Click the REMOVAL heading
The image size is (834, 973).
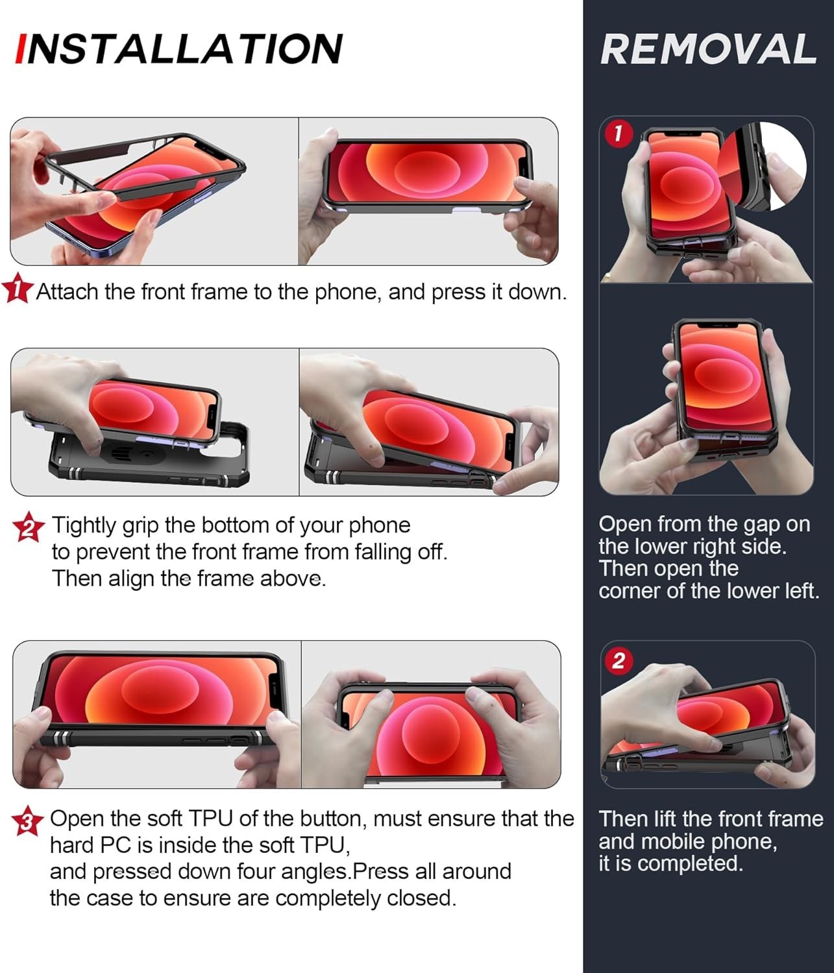point(708,49)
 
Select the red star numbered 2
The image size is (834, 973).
point(29,527)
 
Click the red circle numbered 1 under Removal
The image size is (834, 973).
point(619,134)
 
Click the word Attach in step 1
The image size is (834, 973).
point(67,292)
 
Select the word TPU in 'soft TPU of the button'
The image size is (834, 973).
point(210,819)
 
